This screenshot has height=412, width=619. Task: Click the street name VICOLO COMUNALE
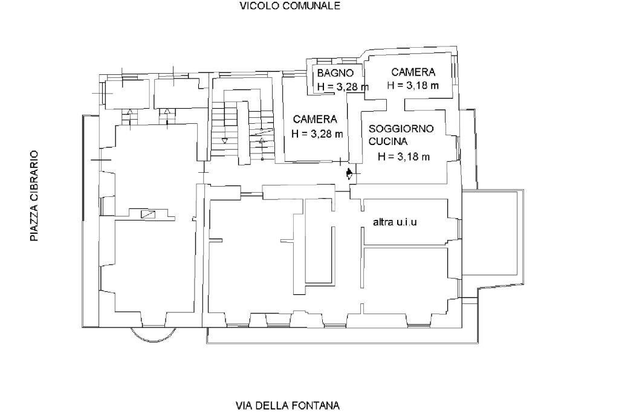[290, 6]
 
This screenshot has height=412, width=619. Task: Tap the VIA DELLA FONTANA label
[287, 405]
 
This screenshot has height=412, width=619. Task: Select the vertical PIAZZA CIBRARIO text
[34, 196]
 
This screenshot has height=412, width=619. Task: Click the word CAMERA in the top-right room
[413, 72]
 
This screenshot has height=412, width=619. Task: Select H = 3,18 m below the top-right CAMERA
[413, 85]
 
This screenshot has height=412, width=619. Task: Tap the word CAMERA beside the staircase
[315, 119]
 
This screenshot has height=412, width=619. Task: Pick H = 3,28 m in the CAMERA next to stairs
[317, 134]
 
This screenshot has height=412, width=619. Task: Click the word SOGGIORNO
[401, 129]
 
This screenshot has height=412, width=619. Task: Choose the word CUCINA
[387, 141]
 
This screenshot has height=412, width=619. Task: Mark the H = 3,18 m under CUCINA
[404, 156]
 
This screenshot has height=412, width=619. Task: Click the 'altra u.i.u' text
[395, 222]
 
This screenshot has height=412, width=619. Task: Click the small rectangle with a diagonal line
[147, 214]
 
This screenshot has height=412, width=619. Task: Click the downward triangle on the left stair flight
[225, 140]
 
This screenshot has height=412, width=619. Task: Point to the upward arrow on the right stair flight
[262, 141]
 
